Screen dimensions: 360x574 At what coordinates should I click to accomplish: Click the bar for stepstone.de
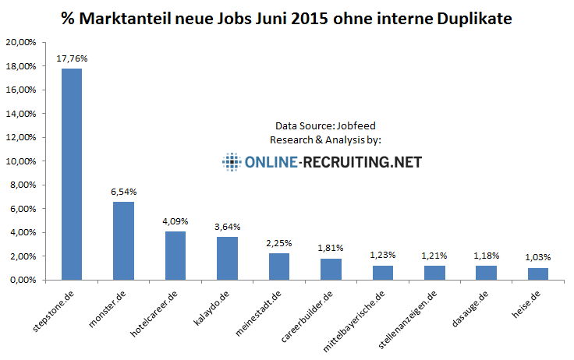point(71,174)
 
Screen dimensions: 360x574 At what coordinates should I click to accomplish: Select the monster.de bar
point(123,240)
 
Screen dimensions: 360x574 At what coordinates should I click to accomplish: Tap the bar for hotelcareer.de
point(175,255)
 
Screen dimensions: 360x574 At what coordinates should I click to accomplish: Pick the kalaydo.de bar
point(227,257)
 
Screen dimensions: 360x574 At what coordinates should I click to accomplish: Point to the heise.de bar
point(538,273)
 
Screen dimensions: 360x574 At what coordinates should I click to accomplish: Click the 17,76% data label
point(71,58)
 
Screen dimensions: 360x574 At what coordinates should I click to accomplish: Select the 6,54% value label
point(123,191)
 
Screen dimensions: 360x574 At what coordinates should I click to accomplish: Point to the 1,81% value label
point(331,247)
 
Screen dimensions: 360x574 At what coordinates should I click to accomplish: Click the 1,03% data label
point(538,256)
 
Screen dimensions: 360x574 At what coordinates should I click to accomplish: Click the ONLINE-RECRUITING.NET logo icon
point(232,162)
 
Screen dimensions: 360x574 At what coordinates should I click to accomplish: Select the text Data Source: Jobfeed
point(320,125)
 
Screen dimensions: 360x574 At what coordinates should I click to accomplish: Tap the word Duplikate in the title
point(474,17)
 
